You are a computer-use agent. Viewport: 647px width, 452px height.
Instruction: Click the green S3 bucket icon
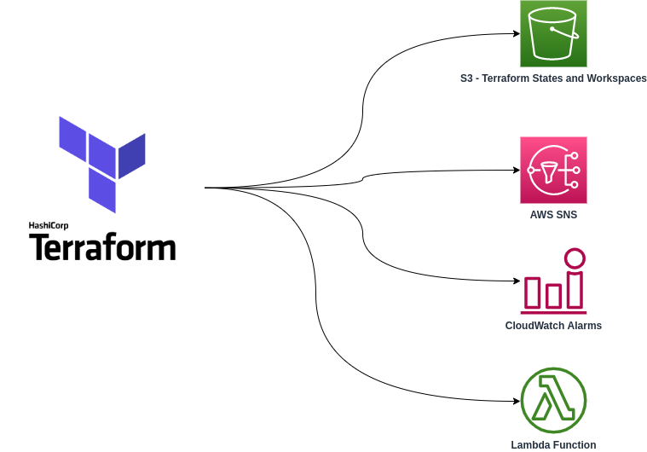[x=553, y=33]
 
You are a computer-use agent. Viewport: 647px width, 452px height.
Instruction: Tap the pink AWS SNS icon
[x=553, y=170]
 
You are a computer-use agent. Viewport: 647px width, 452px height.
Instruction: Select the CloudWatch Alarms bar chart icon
[x=553, y=281]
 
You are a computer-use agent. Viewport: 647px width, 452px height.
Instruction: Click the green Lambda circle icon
[x=553, y=400]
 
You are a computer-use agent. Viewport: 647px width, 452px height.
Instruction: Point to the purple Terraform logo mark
[x=101, y=163]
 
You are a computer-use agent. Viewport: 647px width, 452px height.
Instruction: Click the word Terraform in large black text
[x=102, y=246]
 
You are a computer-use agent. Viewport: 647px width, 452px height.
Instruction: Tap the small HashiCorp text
[x=49, y=226]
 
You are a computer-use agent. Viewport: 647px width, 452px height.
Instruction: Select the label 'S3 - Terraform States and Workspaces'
[x=553, y=78]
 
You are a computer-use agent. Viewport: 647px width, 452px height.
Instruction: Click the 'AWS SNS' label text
[x=553, y=215]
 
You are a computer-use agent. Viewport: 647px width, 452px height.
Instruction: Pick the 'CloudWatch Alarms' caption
[x=553, y=326]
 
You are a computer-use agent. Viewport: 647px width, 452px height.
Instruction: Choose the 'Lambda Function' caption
[x=553, y=444]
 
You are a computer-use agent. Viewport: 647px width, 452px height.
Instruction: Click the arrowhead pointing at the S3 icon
[x=516, y=34]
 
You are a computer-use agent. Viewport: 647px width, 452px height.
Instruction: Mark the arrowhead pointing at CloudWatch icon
[x=516, y=281]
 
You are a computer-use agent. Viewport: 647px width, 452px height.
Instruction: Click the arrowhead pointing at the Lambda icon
[x=516, y=401]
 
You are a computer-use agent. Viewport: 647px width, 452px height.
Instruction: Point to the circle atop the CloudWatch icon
[x=575, y=258]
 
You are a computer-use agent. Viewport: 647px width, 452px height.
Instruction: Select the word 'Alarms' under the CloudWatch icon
[x=583, y=326]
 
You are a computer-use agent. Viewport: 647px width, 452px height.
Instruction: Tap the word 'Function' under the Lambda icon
[x=575, y=444]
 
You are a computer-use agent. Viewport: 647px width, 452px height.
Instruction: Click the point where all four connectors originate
[x=206, y=188]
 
